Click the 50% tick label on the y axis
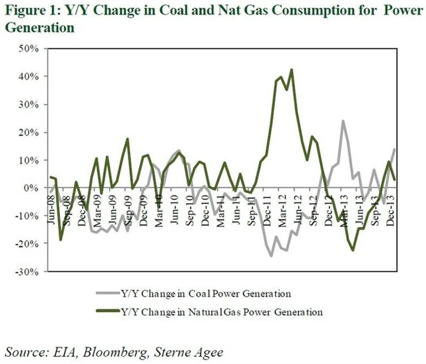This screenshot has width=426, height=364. pos(31,49)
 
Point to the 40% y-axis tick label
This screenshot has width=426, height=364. pos(31,77)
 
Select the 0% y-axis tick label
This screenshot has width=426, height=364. pos(33,188)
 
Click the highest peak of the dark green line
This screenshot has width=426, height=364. pos(291,70)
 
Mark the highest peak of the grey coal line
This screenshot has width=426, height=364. pos(343,121)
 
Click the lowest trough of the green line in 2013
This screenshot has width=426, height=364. pos(353,250)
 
